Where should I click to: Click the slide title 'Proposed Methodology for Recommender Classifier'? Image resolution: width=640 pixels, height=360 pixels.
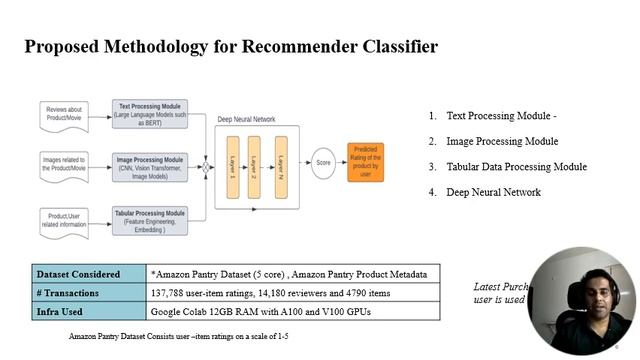[230, 47]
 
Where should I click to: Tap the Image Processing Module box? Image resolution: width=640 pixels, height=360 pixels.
[154, 165]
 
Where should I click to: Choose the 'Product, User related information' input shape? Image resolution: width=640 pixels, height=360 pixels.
[67, 218]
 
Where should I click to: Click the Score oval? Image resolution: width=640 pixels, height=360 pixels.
[324, 161]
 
